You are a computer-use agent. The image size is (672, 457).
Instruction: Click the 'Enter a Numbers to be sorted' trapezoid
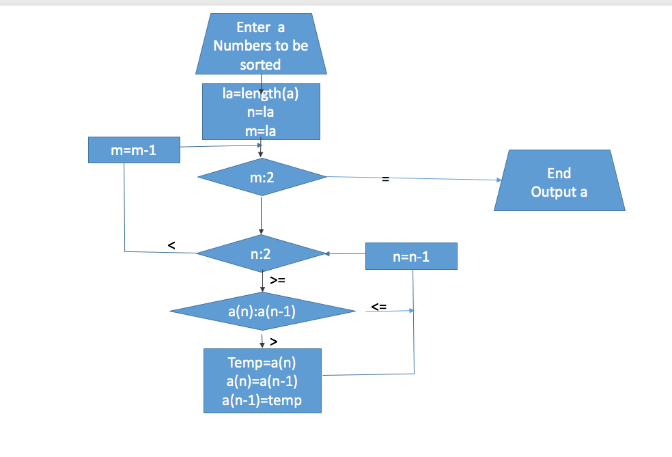261,45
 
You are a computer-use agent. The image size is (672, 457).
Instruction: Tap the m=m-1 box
134,150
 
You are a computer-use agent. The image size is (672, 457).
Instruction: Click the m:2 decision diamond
262,178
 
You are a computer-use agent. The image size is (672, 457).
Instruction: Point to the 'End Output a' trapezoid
559,182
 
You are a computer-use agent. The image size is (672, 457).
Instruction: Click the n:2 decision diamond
261,254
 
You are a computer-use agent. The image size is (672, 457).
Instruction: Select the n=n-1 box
411,257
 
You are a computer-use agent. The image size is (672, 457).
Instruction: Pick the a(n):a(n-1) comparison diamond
262,312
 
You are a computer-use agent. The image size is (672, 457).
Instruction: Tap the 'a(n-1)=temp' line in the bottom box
262,400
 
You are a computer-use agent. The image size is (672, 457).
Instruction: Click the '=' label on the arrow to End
385,179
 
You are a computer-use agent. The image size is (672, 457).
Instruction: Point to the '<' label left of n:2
171,244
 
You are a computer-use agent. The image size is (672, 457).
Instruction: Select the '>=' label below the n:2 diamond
278,280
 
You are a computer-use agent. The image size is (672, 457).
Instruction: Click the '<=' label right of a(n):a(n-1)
378,307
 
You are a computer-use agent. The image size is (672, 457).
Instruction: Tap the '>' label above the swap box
273,340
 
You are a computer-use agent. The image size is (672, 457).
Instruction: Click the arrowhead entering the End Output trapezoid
499,180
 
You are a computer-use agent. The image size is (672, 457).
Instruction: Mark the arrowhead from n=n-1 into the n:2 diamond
327,254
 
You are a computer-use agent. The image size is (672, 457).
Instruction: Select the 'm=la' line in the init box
261,130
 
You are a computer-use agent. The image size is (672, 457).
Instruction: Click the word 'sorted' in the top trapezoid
260,65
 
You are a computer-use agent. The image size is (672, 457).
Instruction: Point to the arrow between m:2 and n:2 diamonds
262,215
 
